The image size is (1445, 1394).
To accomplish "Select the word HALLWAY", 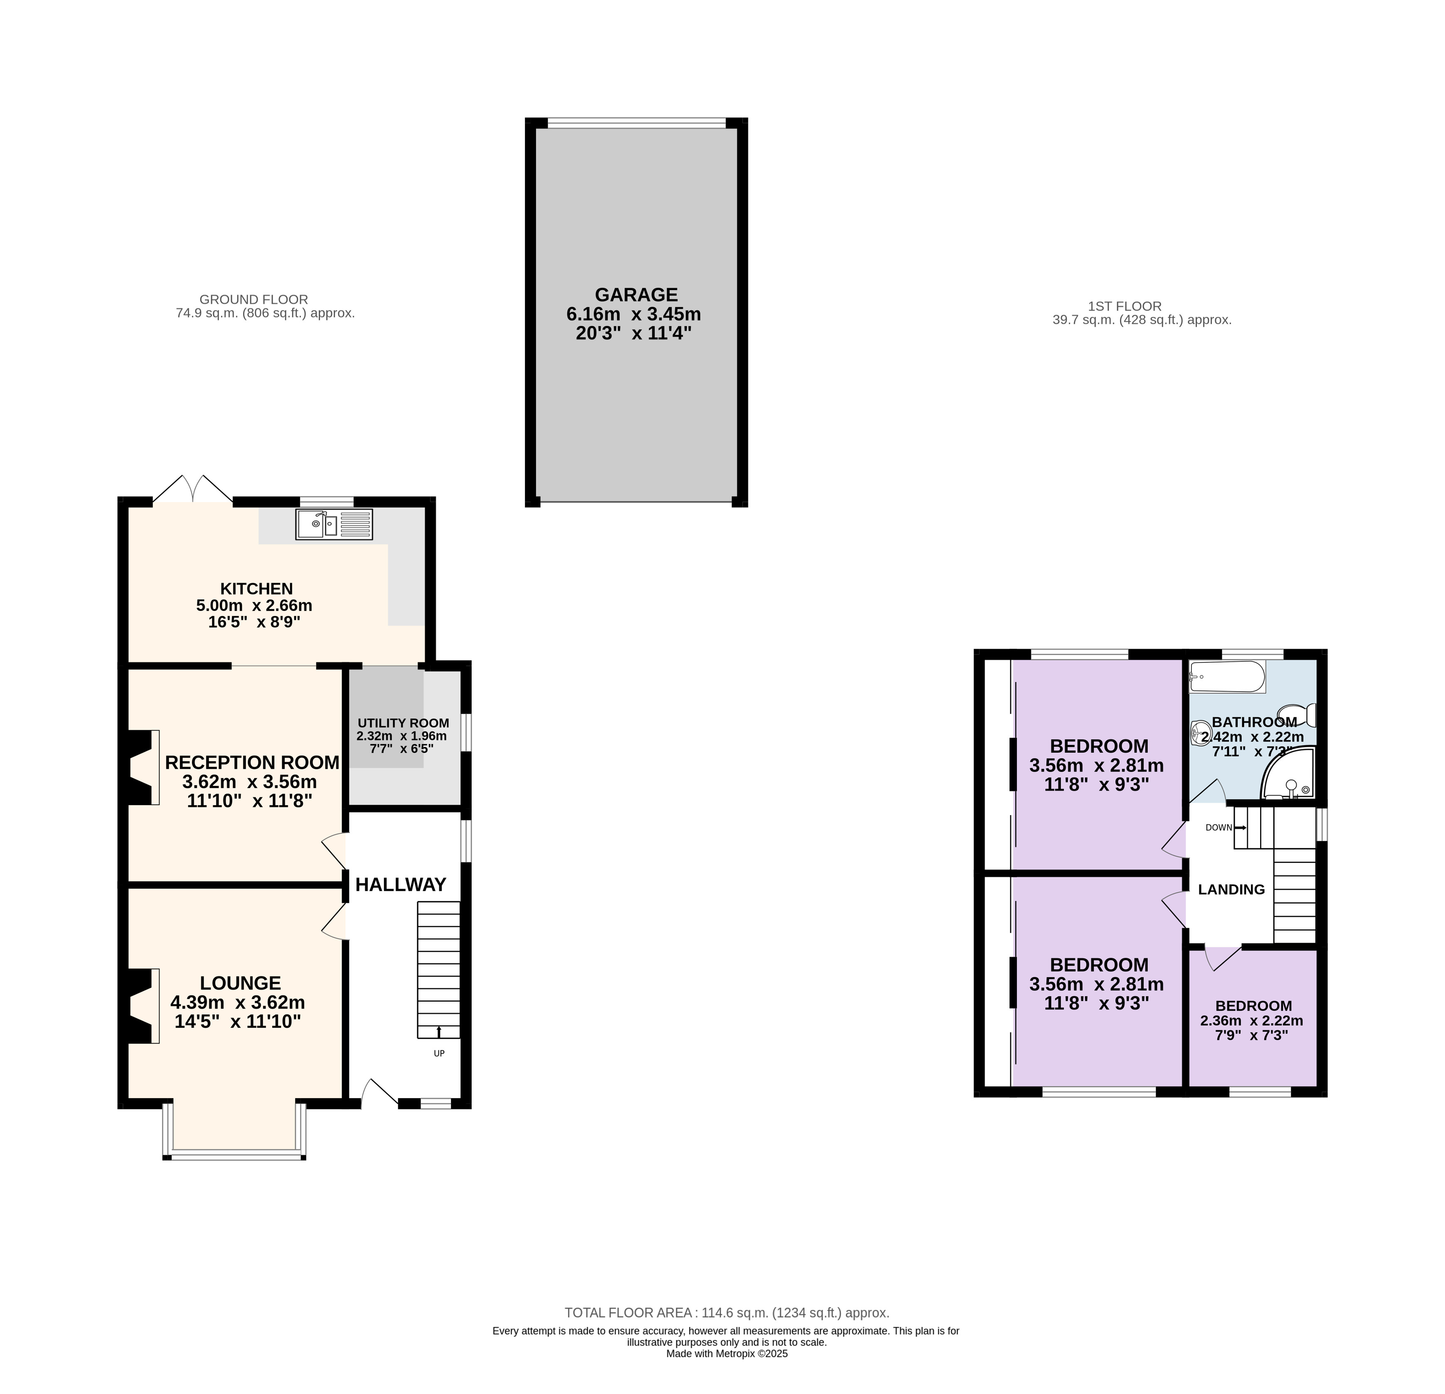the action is click(x=401, y=884).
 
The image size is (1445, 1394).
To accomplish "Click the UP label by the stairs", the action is click(x=439, y=1054).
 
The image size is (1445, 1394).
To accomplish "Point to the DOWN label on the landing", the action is click(x=1219, y=828).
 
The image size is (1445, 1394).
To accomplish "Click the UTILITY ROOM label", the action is click(x=403, y=723).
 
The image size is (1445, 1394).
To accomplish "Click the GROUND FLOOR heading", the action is click(x=254, y=300).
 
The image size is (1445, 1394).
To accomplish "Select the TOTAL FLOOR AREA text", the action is click(x=727, y=1313).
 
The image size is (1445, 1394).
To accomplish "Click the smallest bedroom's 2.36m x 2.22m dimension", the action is click(x=1252, y=1021).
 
